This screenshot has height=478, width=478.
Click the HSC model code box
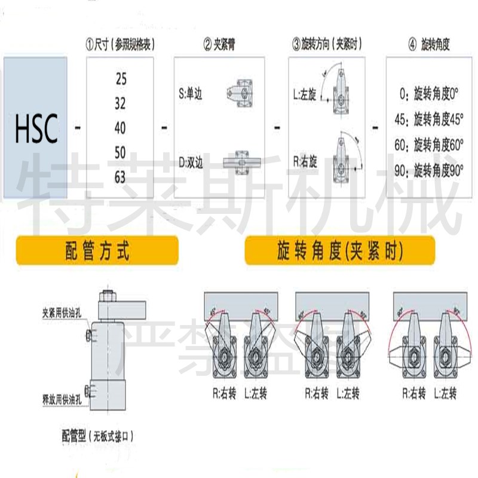pyautogui.click(x=36, y=127)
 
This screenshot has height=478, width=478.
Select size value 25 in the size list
pyautogui.click(x=120, y=79)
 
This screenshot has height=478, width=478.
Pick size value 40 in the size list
pyautogui.click(x=120, y=128)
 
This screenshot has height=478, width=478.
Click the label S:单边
pyautogui.click(x=191, y=94)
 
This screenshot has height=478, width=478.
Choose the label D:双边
pyautogui.click(x=191, y=161)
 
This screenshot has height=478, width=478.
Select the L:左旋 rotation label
pyautogui.click(x=305, y=94)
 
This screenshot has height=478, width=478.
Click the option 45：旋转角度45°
pyautogui.click(x=429, y=119)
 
